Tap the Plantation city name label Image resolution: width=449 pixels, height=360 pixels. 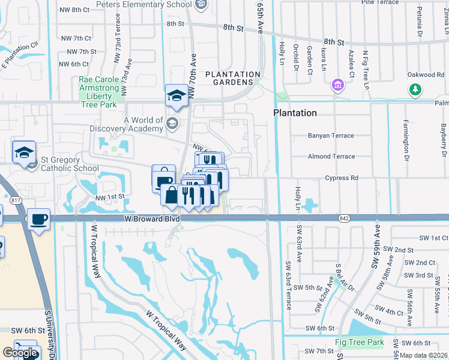click(295, 113)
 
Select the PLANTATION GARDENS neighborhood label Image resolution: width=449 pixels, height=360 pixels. click(233, 78)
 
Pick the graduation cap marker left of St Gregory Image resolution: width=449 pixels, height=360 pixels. click(25, 152)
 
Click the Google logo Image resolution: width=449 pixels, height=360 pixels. click(20, 353)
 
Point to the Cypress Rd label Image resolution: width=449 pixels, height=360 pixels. click(341, 178)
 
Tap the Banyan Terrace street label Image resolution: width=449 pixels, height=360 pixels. click(331, 136)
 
